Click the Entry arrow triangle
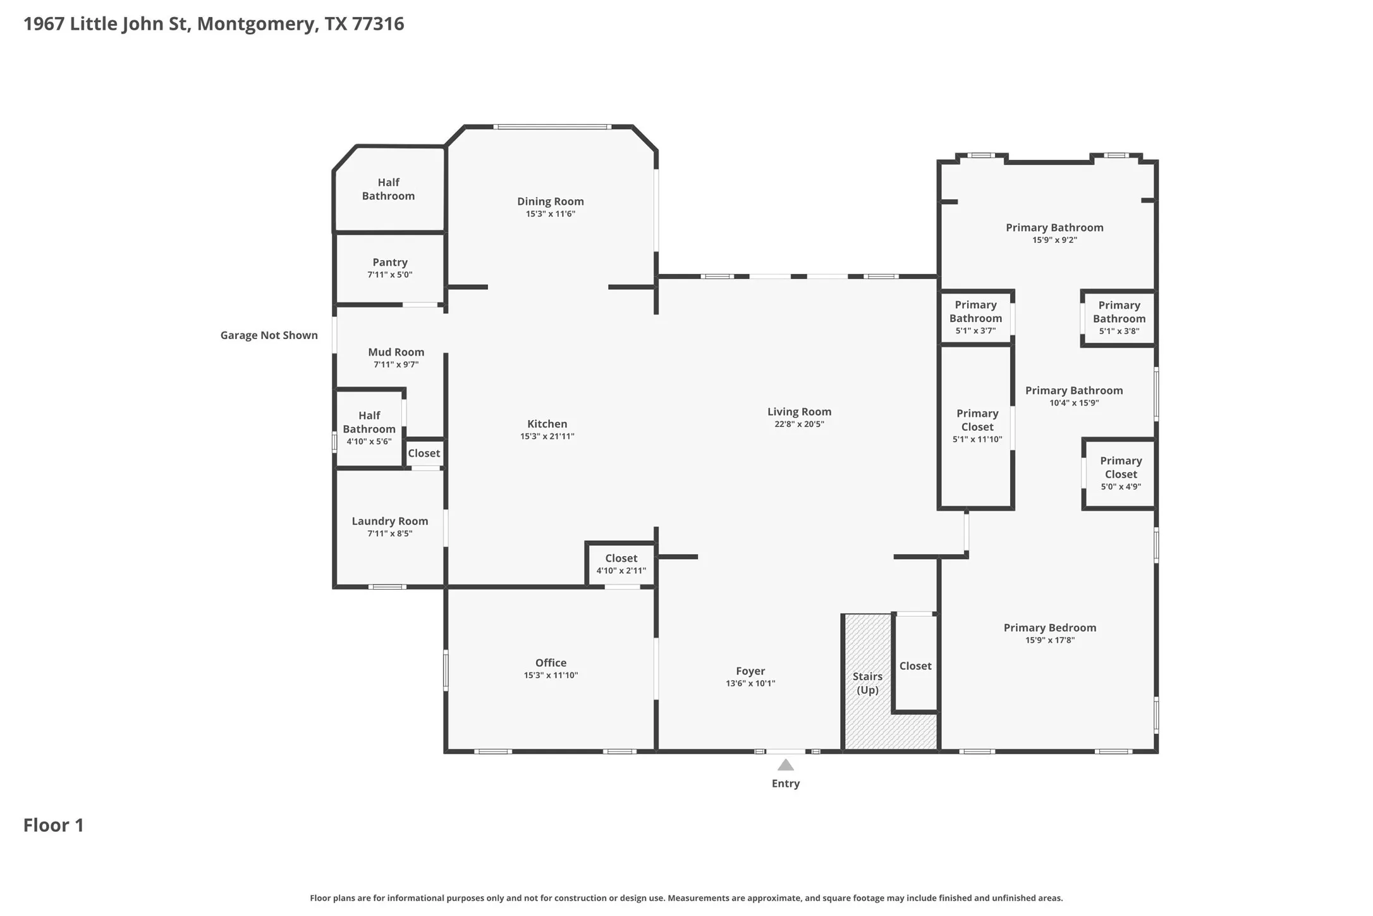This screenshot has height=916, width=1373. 786,765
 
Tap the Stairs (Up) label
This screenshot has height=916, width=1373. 867,683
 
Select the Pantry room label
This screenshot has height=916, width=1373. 390,262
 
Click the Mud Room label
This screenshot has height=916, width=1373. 396,352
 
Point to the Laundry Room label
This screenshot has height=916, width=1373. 390,521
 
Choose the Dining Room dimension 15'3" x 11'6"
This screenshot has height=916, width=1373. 551,214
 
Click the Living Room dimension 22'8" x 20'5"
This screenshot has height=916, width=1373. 800,424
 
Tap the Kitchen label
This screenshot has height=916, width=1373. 547,424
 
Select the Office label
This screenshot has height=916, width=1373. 551,662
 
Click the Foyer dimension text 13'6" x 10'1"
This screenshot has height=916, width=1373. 750,683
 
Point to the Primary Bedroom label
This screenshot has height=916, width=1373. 1050,628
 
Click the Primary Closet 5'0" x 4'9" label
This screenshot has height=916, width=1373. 1121,473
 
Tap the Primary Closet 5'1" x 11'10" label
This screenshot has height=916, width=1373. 977,426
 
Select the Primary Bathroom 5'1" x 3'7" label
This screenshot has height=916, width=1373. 975,318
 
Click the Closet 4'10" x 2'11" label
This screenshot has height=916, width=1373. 621,564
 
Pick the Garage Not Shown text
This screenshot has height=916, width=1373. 269,335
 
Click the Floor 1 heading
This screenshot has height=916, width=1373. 54,825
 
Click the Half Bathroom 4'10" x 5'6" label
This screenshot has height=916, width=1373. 369,428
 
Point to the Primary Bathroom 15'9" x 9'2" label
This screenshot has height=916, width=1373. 1054,233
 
